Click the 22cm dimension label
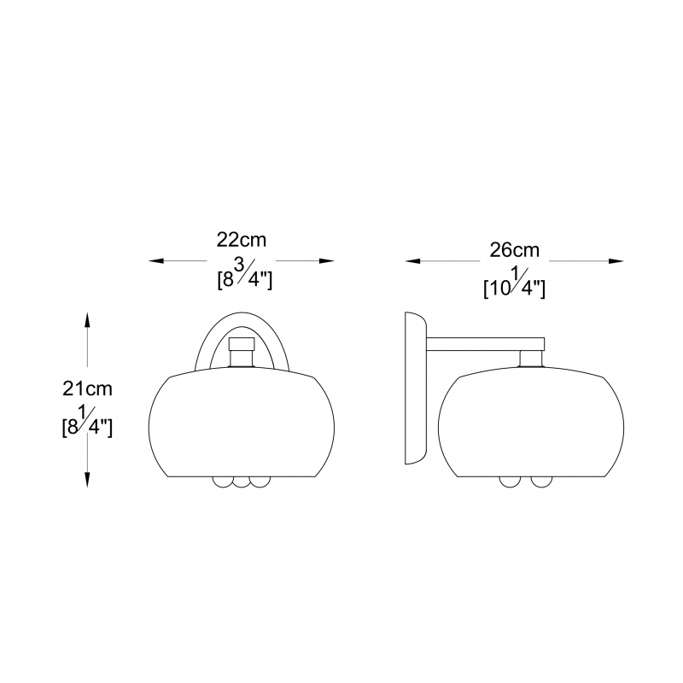click(x=242, y=240)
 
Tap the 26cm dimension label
click(x=515, y=250)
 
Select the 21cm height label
click(x=87, y=388)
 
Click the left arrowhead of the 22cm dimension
click(x=156, y=261)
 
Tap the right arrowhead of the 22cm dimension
click(x=327, y=261)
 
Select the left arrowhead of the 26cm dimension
click(x=412, y=261)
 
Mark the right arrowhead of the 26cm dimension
click(x=616, y=261)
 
